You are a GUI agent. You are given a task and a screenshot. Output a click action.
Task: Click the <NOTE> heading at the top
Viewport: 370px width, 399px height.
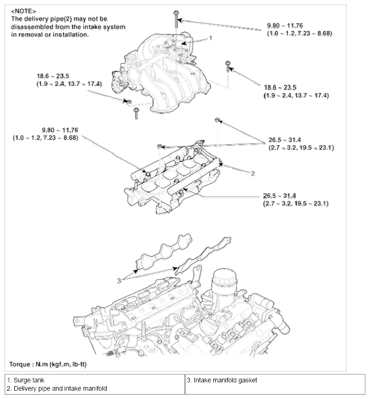[24, 11]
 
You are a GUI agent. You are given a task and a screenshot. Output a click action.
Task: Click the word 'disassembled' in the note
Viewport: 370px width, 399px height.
[31, 27]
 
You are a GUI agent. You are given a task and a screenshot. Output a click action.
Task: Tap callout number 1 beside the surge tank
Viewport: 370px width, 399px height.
[211, 38]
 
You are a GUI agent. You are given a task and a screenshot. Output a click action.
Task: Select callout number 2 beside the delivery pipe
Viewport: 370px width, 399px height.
[253, 174]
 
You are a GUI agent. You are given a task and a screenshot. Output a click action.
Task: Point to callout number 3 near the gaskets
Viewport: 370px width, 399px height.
[119, 280]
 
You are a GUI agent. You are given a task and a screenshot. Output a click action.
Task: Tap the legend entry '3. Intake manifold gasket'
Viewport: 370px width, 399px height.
[222, 380]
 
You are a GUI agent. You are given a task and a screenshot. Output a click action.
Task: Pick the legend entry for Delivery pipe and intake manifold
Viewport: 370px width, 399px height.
[57, 389]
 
